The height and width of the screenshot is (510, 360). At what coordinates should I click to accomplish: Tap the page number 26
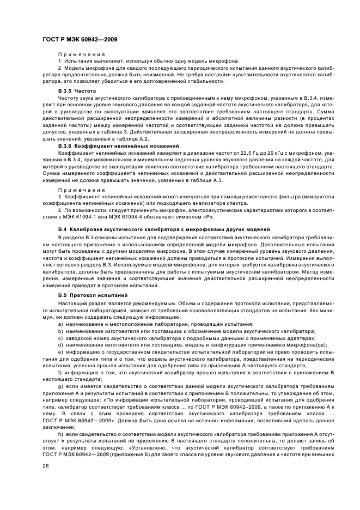click(46, 466)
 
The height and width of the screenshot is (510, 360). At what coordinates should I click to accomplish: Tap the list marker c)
click(60, 338)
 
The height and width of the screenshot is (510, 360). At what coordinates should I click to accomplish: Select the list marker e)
click(60, 352)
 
